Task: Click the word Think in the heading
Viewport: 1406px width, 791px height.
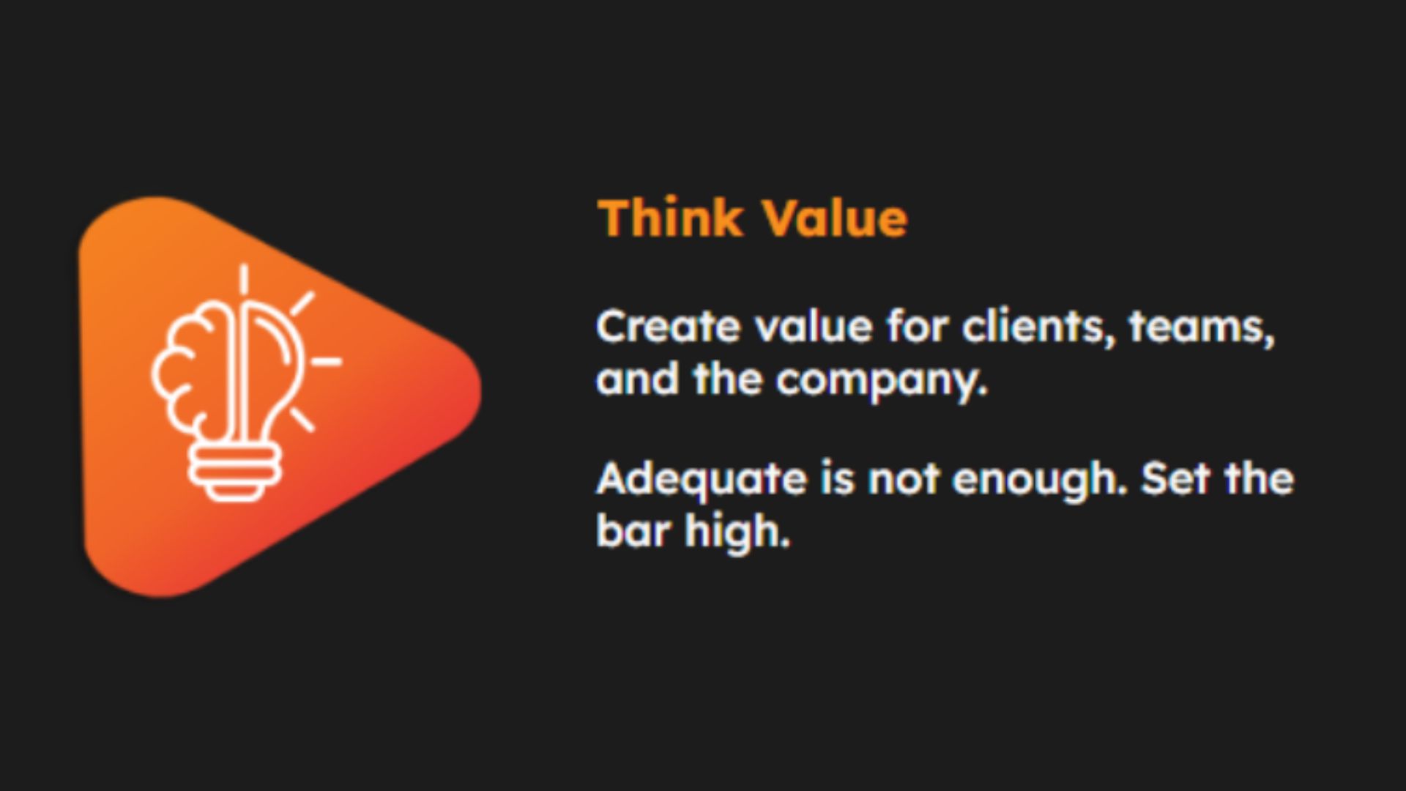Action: (669, 218)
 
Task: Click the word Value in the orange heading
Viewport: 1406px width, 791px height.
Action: (834, 218)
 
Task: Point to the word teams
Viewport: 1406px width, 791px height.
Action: (1202, 326)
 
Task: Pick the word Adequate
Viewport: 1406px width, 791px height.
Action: (701, 480)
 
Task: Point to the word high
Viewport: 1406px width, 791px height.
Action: (738, 531)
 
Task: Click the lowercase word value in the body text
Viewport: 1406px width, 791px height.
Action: (814, 326)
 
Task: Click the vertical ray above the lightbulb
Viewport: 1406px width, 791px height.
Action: (243, 279)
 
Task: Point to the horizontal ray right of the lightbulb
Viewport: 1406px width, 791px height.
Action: (326, 361)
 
